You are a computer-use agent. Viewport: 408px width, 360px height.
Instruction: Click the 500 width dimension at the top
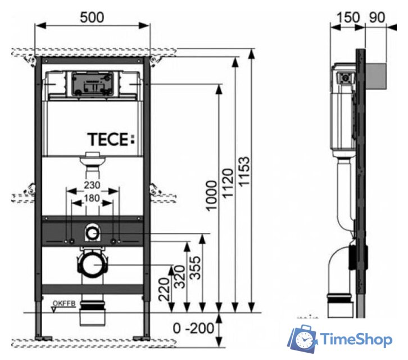coord(92,17)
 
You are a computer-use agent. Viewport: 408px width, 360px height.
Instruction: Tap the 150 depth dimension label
coord(347,17)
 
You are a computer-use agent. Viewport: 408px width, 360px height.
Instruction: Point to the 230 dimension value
coord(92,184)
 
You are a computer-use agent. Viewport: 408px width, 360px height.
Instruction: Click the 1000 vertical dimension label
coord(211,196)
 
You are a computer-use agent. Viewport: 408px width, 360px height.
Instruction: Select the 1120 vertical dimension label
coord(228,184)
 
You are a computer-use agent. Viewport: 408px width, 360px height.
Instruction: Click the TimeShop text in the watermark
coord(357,340)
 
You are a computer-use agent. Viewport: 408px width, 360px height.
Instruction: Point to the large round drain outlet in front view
coord(92,263)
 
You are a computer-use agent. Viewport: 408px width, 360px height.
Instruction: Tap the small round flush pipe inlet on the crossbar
coord(92,232)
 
